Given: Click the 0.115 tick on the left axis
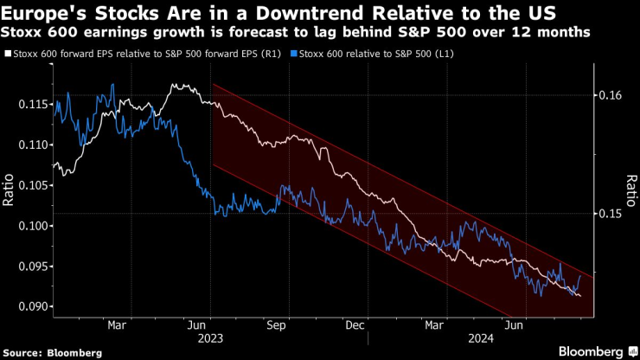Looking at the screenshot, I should pyautogui.click(x=33, y=105).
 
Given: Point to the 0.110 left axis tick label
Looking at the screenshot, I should pyautogui.click(x=33, y=145).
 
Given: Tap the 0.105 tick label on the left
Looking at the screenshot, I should pyautogui.click(x=33, y=185).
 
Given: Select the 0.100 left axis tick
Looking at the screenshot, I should pyautogui.click(x=33, y=226).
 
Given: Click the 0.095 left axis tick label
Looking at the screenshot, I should pyautogui.click(x=33, y=267).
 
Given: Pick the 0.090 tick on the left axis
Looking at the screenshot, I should pyautogui.click(x=33, y=306).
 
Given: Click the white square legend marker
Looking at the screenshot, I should pyautogui.click(x=7, y=54).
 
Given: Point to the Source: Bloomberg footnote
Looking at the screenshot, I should pyautogui.click(x=53, y=352).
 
